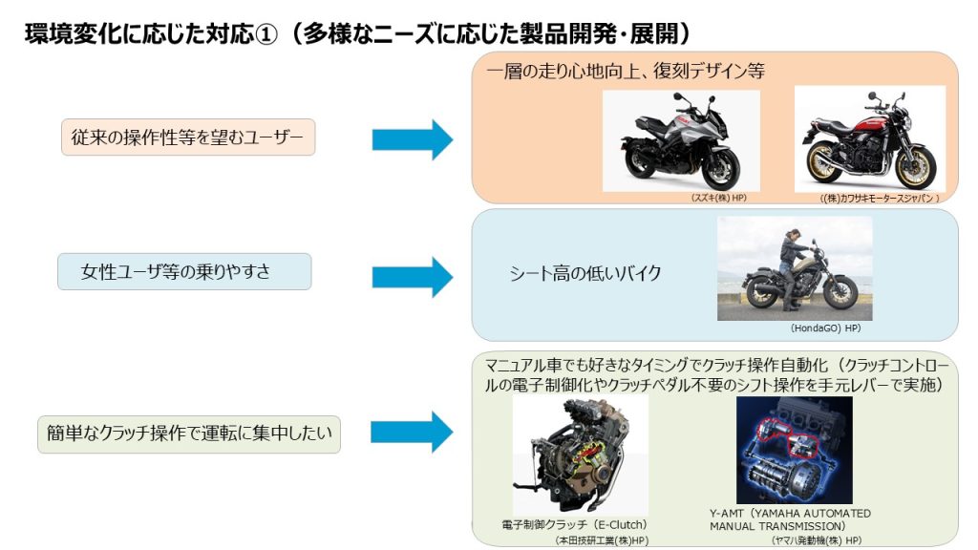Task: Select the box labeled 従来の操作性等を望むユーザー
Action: tap(187, 138)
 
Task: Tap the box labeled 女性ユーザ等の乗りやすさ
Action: tap(183, 272)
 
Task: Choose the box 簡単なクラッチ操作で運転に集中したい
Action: tap(188, 434)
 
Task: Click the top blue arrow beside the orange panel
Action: tap(412, 139)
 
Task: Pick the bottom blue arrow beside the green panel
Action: tap(412, 432)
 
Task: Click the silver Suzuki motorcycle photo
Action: tap(681, 140)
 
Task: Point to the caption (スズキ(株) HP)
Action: tap(718, 198)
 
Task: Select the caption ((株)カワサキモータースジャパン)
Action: tap(880, 199)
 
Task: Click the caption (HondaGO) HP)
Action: tap(825, 328)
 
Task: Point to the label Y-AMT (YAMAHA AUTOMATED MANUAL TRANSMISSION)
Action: tap(790, 519)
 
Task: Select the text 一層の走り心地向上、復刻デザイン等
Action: tap(625, 72)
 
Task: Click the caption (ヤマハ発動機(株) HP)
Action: tap(816, 539)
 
